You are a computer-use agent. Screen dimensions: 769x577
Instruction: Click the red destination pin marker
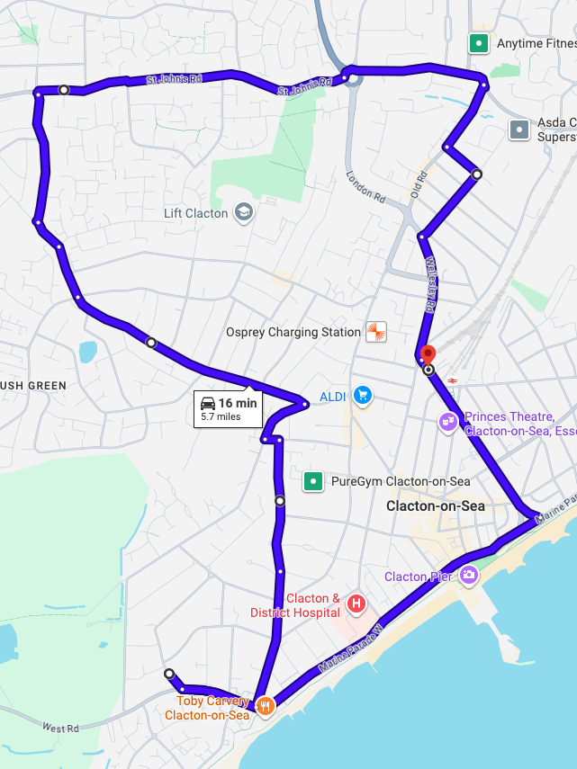coord(428,355)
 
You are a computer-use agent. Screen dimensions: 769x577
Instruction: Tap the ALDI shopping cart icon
coord(363,396)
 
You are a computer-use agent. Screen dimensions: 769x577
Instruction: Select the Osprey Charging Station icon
coord(375,332)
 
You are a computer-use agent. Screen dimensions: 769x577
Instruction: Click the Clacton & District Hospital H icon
coord(356,604)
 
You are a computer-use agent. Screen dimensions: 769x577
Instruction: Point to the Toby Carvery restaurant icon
coord(265,706)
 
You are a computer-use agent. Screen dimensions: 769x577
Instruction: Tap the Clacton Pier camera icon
coord(468,575)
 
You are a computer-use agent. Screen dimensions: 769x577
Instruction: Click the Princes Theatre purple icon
coord(447,421)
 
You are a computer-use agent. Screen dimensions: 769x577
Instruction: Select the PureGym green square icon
coord(312,481)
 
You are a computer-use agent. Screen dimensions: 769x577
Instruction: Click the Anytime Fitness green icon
coord(479,42)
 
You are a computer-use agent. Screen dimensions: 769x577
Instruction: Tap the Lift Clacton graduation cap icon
coord(243,213)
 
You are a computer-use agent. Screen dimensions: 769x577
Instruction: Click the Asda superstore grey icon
coord(519,130)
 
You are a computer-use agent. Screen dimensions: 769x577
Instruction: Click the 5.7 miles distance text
coord(221,416)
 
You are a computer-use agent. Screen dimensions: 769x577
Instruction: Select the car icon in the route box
coord(208,403)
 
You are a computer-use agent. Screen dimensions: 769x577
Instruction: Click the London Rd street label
coord(365,186)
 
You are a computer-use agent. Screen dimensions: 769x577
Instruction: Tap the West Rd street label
coord(60,727)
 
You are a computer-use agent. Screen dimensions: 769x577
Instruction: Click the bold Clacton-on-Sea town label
coord(436,506)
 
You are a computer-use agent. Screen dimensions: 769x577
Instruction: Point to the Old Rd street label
coord(418,186)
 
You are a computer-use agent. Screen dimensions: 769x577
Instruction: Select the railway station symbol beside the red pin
coord(452,380)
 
